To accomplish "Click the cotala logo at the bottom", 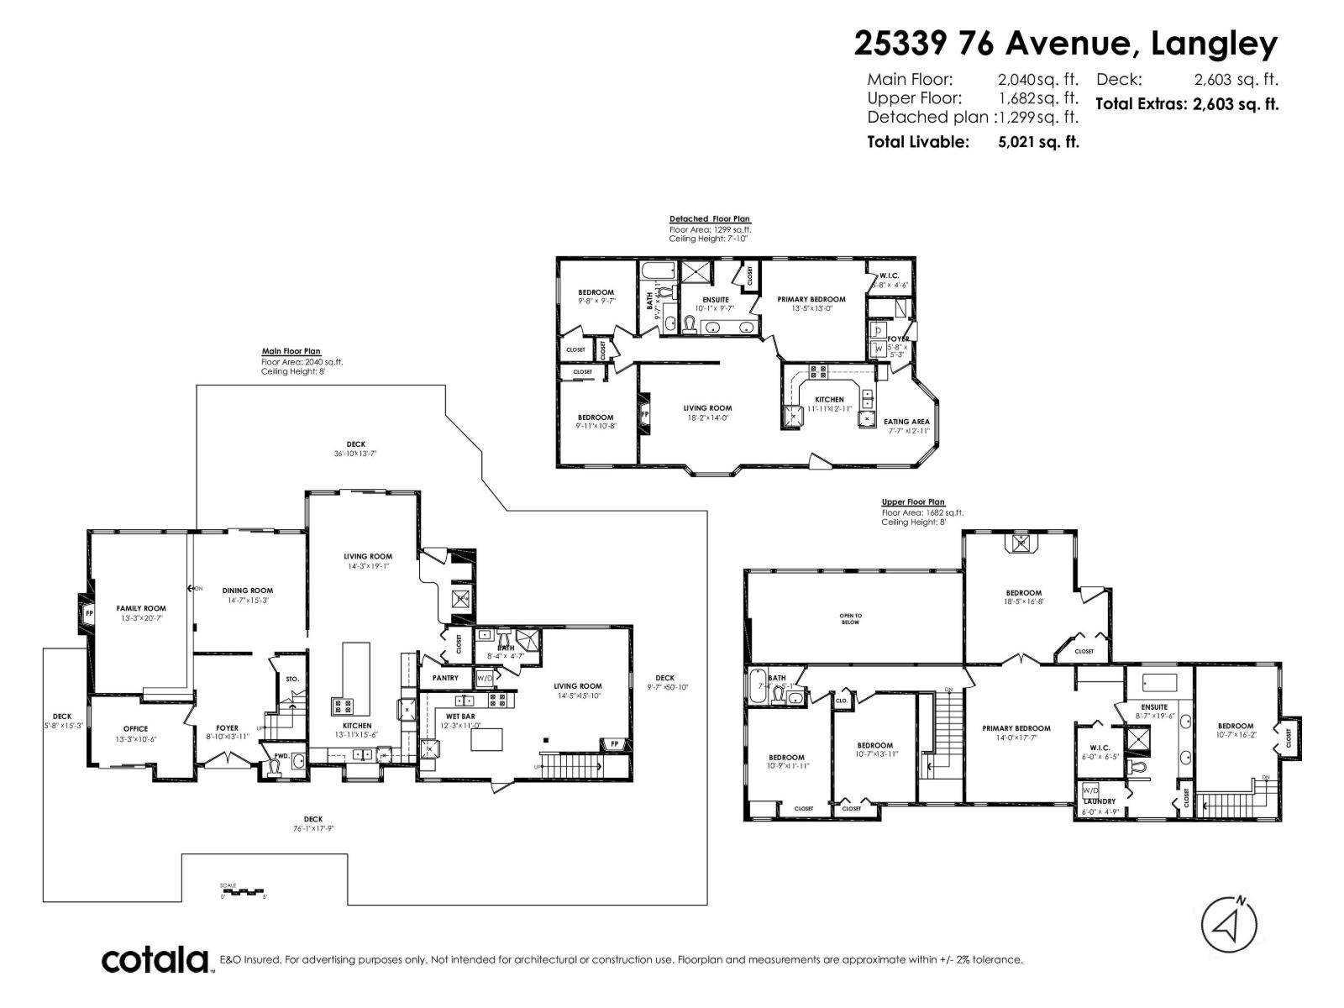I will click(x=155, y=959).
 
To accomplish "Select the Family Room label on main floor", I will click(x=141, y=608).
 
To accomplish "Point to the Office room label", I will click(x=135, y=729).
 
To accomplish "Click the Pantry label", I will click(x=445, y=678).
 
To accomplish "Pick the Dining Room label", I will click(x=248, y=591).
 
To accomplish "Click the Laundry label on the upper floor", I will click(x=1100, y=802).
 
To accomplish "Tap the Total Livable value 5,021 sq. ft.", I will click(x=1038, y=142).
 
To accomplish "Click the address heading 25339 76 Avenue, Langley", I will click(x=1065, y=44).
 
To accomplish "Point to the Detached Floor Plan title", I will click(x=710, y=219).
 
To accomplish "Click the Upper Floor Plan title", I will click(x=913, y=502).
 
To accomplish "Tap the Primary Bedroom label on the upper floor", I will click(x=1016, y=728).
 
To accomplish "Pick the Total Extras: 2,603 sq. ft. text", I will click(x=1187, y=105).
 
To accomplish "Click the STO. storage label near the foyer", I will click(x=291, y=679).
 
